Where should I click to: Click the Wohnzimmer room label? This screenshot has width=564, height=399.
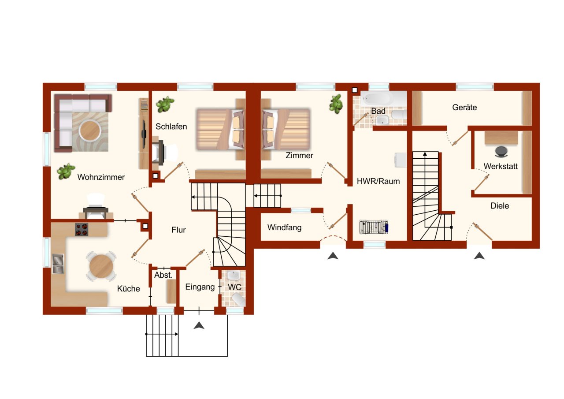click(x=101, y=177)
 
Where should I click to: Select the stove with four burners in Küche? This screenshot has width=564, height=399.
click(x=81, y=229)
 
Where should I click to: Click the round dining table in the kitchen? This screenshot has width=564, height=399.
click(x=101, y=266)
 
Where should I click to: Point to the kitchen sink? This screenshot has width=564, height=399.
click(x=58, y=264)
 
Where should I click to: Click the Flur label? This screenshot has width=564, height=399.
click(x=178, y=230)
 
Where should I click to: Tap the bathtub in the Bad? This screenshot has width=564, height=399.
click(x=375, y=99)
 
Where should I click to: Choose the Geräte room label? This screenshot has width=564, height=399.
click(x=464, y=107)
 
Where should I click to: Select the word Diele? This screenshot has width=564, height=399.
click(x=499, y=205)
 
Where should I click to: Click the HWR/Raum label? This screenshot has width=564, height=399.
click(x=378, y=181)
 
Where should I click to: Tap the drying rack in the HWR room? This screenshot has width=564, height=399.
click(x=374, y=227)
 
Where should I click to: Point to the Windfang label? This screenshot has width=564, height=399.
click(x=284, y=227)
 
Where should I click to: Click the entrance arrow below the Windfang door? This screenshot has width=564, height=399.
click(x=333, y=256)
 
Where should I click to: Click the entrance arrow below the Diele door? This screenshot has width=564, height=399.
click(x=479, y=256)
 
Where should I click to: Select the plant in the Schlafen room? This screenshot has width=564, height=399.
click(x=165, y=104)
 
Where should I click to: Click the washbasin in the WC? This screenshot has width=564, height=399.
click(x=234, y=276)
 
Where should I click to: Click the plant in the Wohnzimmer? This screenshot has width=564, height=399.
click(x=66, y=171)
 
